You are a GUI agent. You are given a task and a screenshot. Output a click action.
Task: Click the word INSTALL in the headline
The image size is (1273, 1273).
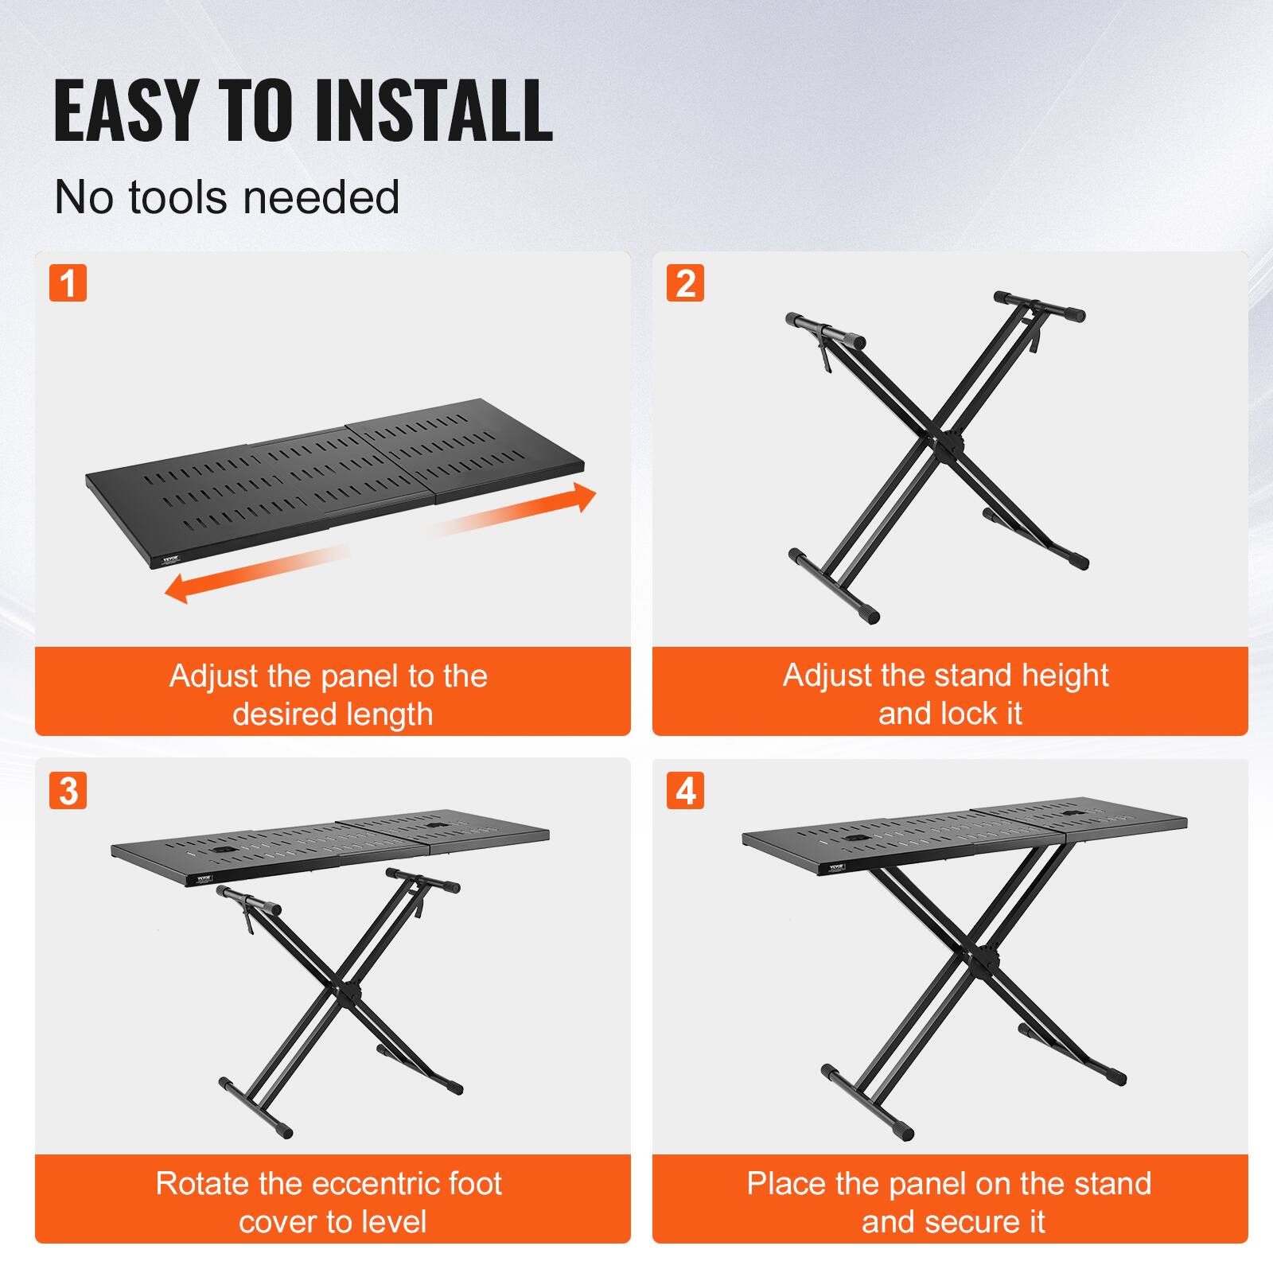(434, 111)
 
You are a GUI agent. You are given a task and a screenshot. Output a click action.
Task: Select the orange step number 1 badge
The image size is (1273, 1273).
(68, 283)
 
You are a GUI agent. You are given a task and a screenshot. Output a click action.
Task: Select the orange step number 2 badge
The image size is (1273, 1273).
(685, 283)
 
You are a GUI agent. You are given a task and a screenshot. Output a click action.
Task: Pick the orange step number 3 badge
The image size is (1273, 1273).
(68, 791)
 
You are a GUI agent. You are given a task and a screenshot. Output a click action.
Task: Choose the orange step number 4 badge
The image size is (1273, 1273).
(685, 791)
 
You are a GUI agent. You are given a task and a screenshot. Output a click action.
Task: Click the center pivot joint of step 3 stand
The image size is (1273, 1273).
(348, 995)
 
